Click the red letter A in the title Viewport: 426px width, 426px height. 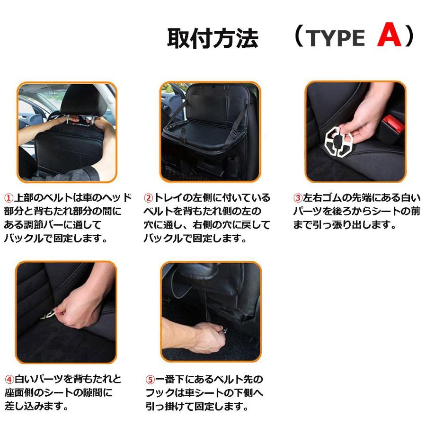[x=389, y=37]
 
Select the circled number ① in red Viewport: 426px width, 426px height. [x=9, y=197]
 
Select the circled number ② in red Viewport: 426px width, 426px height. [x=149, y=197]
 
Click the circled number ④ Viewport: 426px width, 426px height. [x=9, y=379]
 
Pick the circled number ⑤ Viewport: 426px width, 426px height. [x=150, y=379]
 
